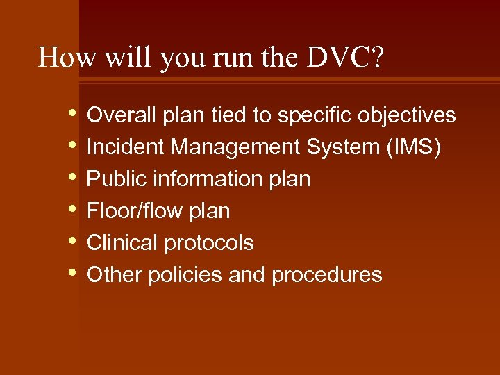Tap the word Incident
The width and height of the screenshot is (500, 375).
pyautogui.click(x=125, y=147)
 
